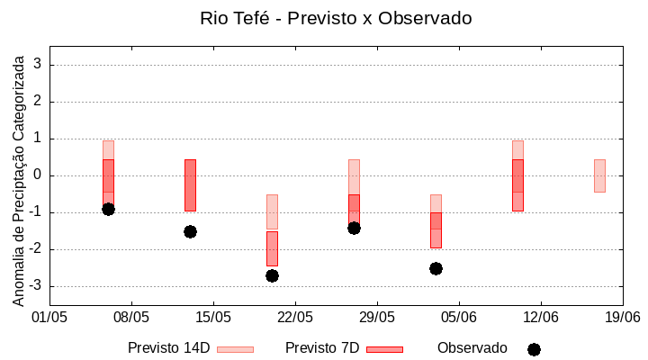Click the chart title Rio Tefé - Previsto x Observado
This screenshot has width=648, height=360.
(x=336, y=18)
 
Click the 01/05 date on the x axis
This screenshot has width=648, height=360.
(x=49, y=317)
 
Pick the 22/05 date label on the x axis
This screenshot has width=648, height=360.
(x=295, y=317)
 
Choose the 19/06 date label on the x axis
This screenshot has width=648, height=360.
(x=622, y=317)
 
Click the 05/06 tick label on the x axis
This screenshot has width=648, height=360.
(x=459, y=317)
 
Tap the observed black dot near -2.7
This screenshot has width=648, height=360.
(x=272, y=275)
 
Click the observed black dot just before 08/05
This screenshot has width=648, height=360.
(x=108, y=209)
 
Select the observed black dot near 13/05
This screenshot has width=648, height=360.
(x=190, y=231)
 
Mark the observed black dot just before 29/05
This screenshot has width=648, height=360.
(x=354, y=228)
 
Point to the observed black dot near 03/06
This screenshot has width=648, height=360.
(x=436, y=268)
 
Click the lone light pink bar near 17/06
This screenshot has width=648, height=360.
(x=599, y=175)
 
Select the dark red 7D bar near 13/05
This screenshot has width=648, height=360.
(x=190, y=185)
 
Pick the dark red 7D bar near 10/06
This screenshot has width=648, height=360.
(x=517, y=185)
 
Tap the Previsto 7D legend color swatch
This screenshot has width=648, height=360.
(x=384, y=348)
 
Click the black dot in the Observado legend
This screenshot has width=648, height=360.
(x=534, y=349)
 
